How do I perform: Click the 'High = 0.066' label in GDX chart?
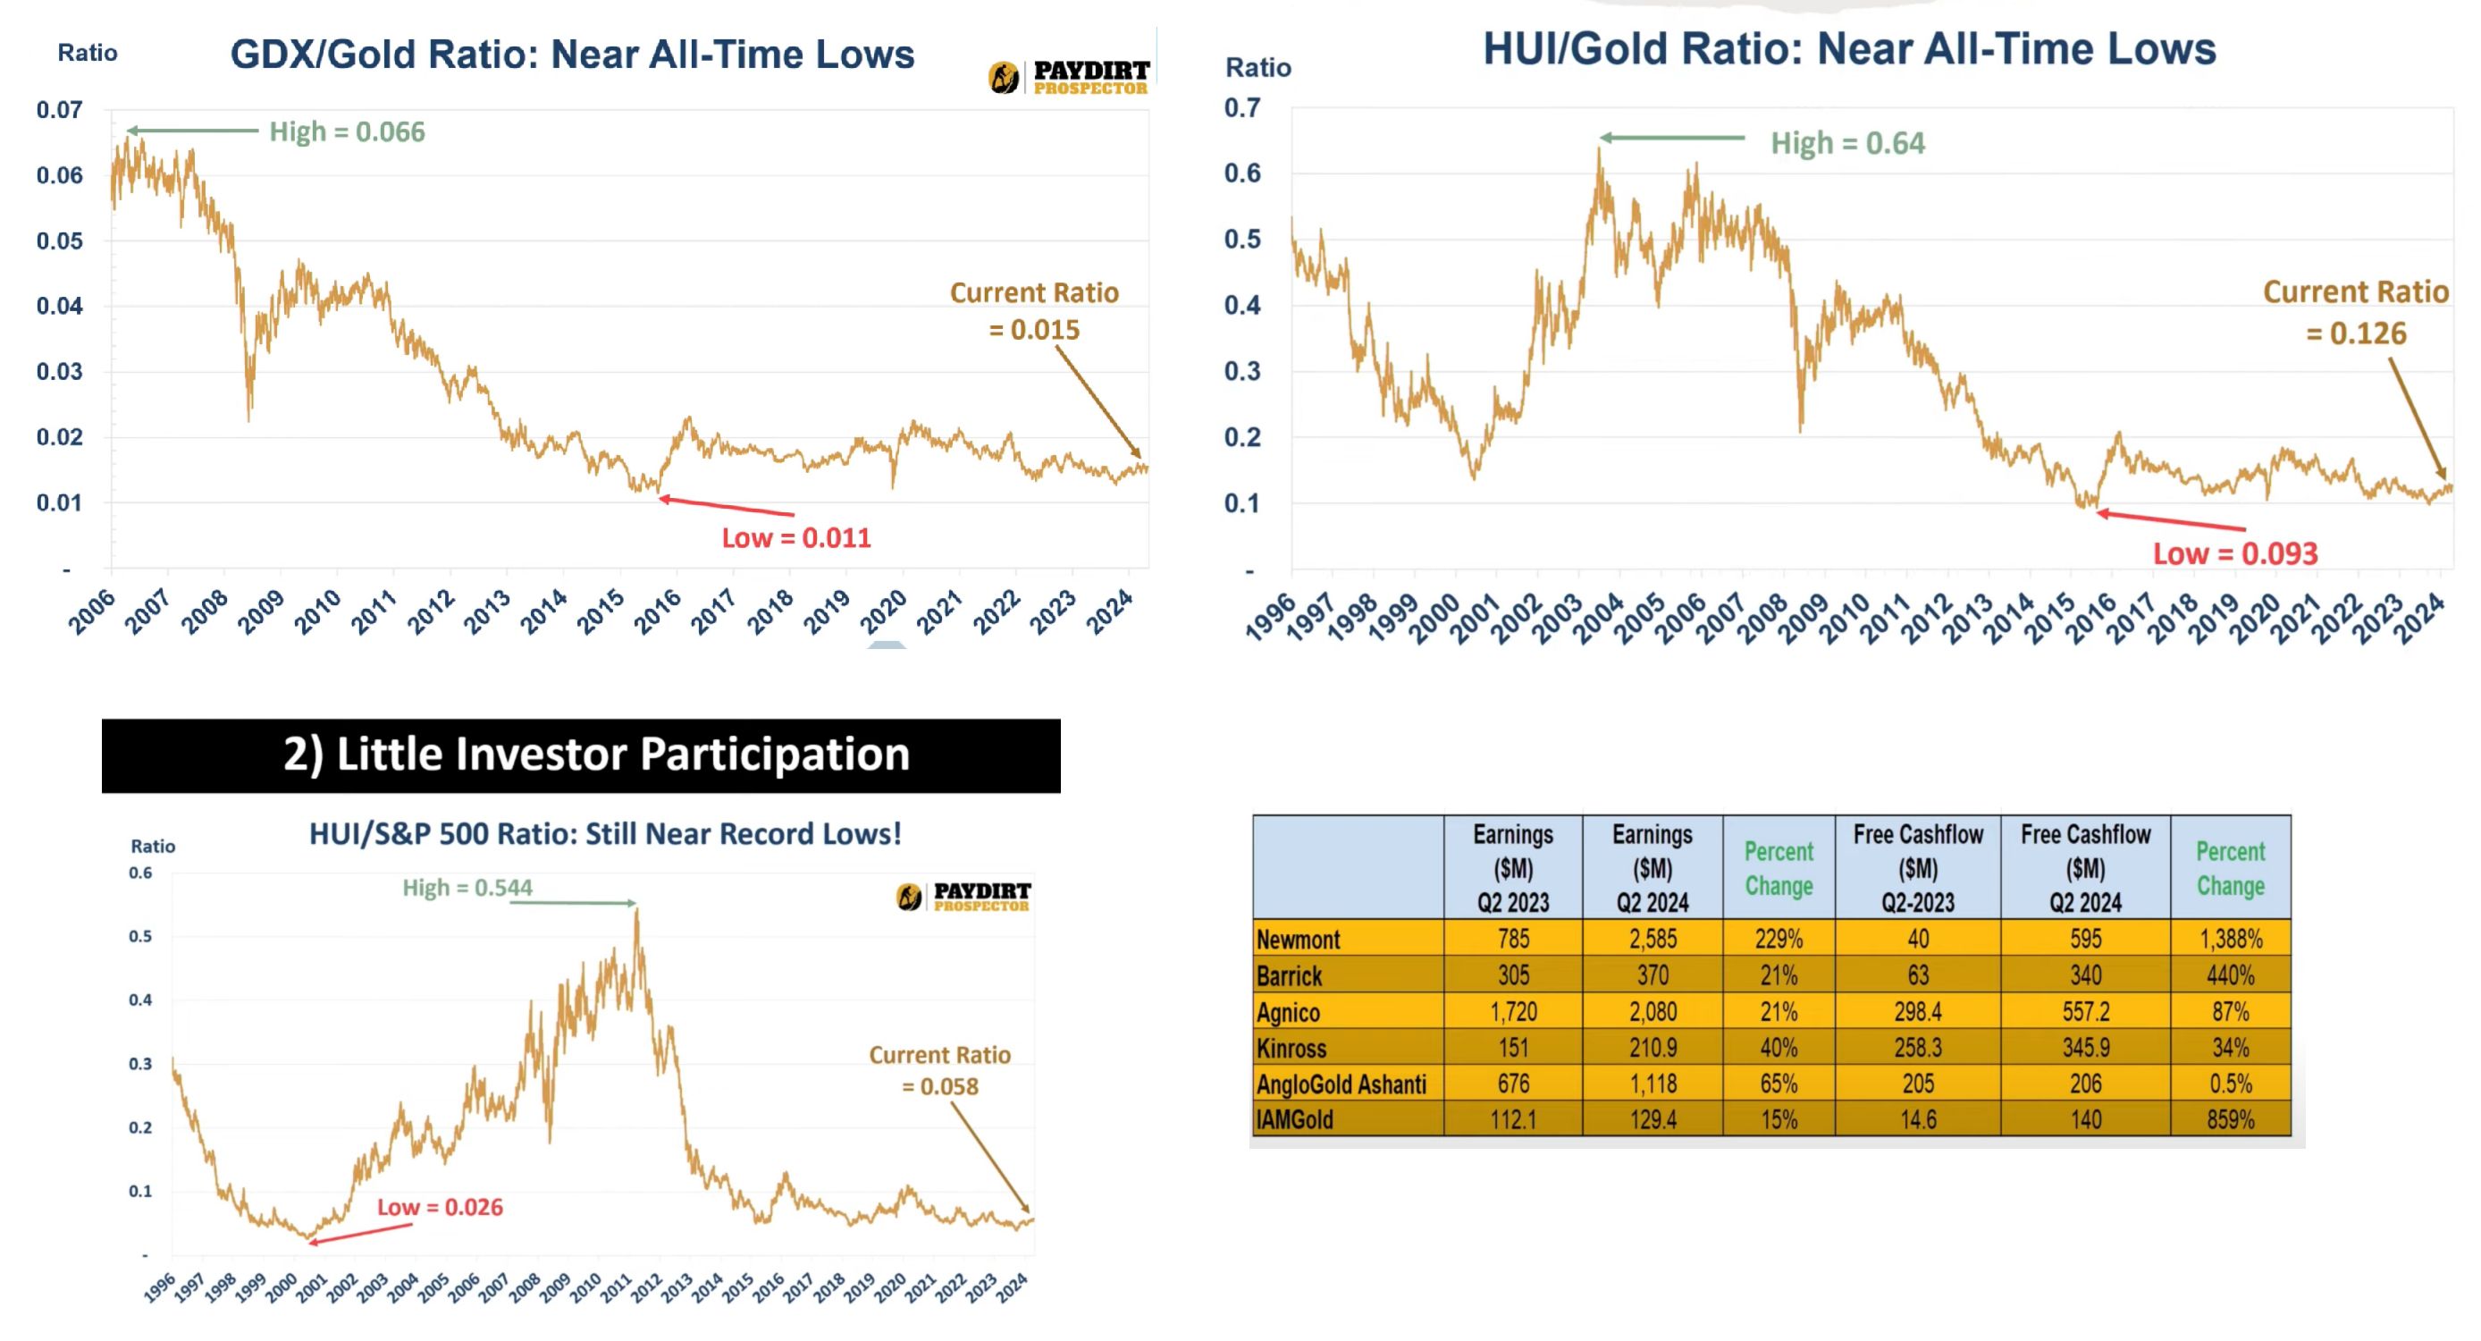click(347, 131)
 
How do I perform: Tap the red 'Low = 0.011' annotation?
click(795, 537)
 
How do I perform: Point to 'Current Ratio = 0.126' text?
click(2355, 312)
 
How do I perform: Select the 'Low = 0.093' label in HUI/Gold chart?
click(2234, 553)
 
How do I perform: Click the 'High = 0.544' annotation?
click(467, 887)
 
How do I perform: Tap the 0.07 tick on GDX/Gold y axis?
click(60, 110)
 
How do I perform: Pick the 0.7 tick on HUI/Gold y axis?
click(1241, 108)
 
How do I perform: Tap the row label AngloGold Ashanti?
click(1341, 1084)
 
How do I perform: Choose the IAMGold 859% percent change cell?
click(2230, 1119)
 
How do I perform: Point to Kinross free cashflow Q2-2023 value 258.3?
click(1918, 1047)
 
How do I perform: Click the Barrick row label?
click(1289, 976)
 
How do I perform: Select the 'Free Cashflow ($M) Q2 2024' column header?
click(2085, 867)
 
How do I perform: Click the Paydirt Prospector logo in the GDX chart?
click(1069, 77)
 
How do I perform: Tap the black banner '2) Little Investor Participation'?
click(581, 755)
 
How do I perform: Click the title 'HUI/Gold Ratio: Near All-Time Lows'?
click(1849, 48)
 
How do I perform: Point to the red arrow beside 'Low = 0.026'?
click(360, 1233)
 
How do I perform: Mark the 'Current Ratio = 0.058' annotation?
click(939, 1070)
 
